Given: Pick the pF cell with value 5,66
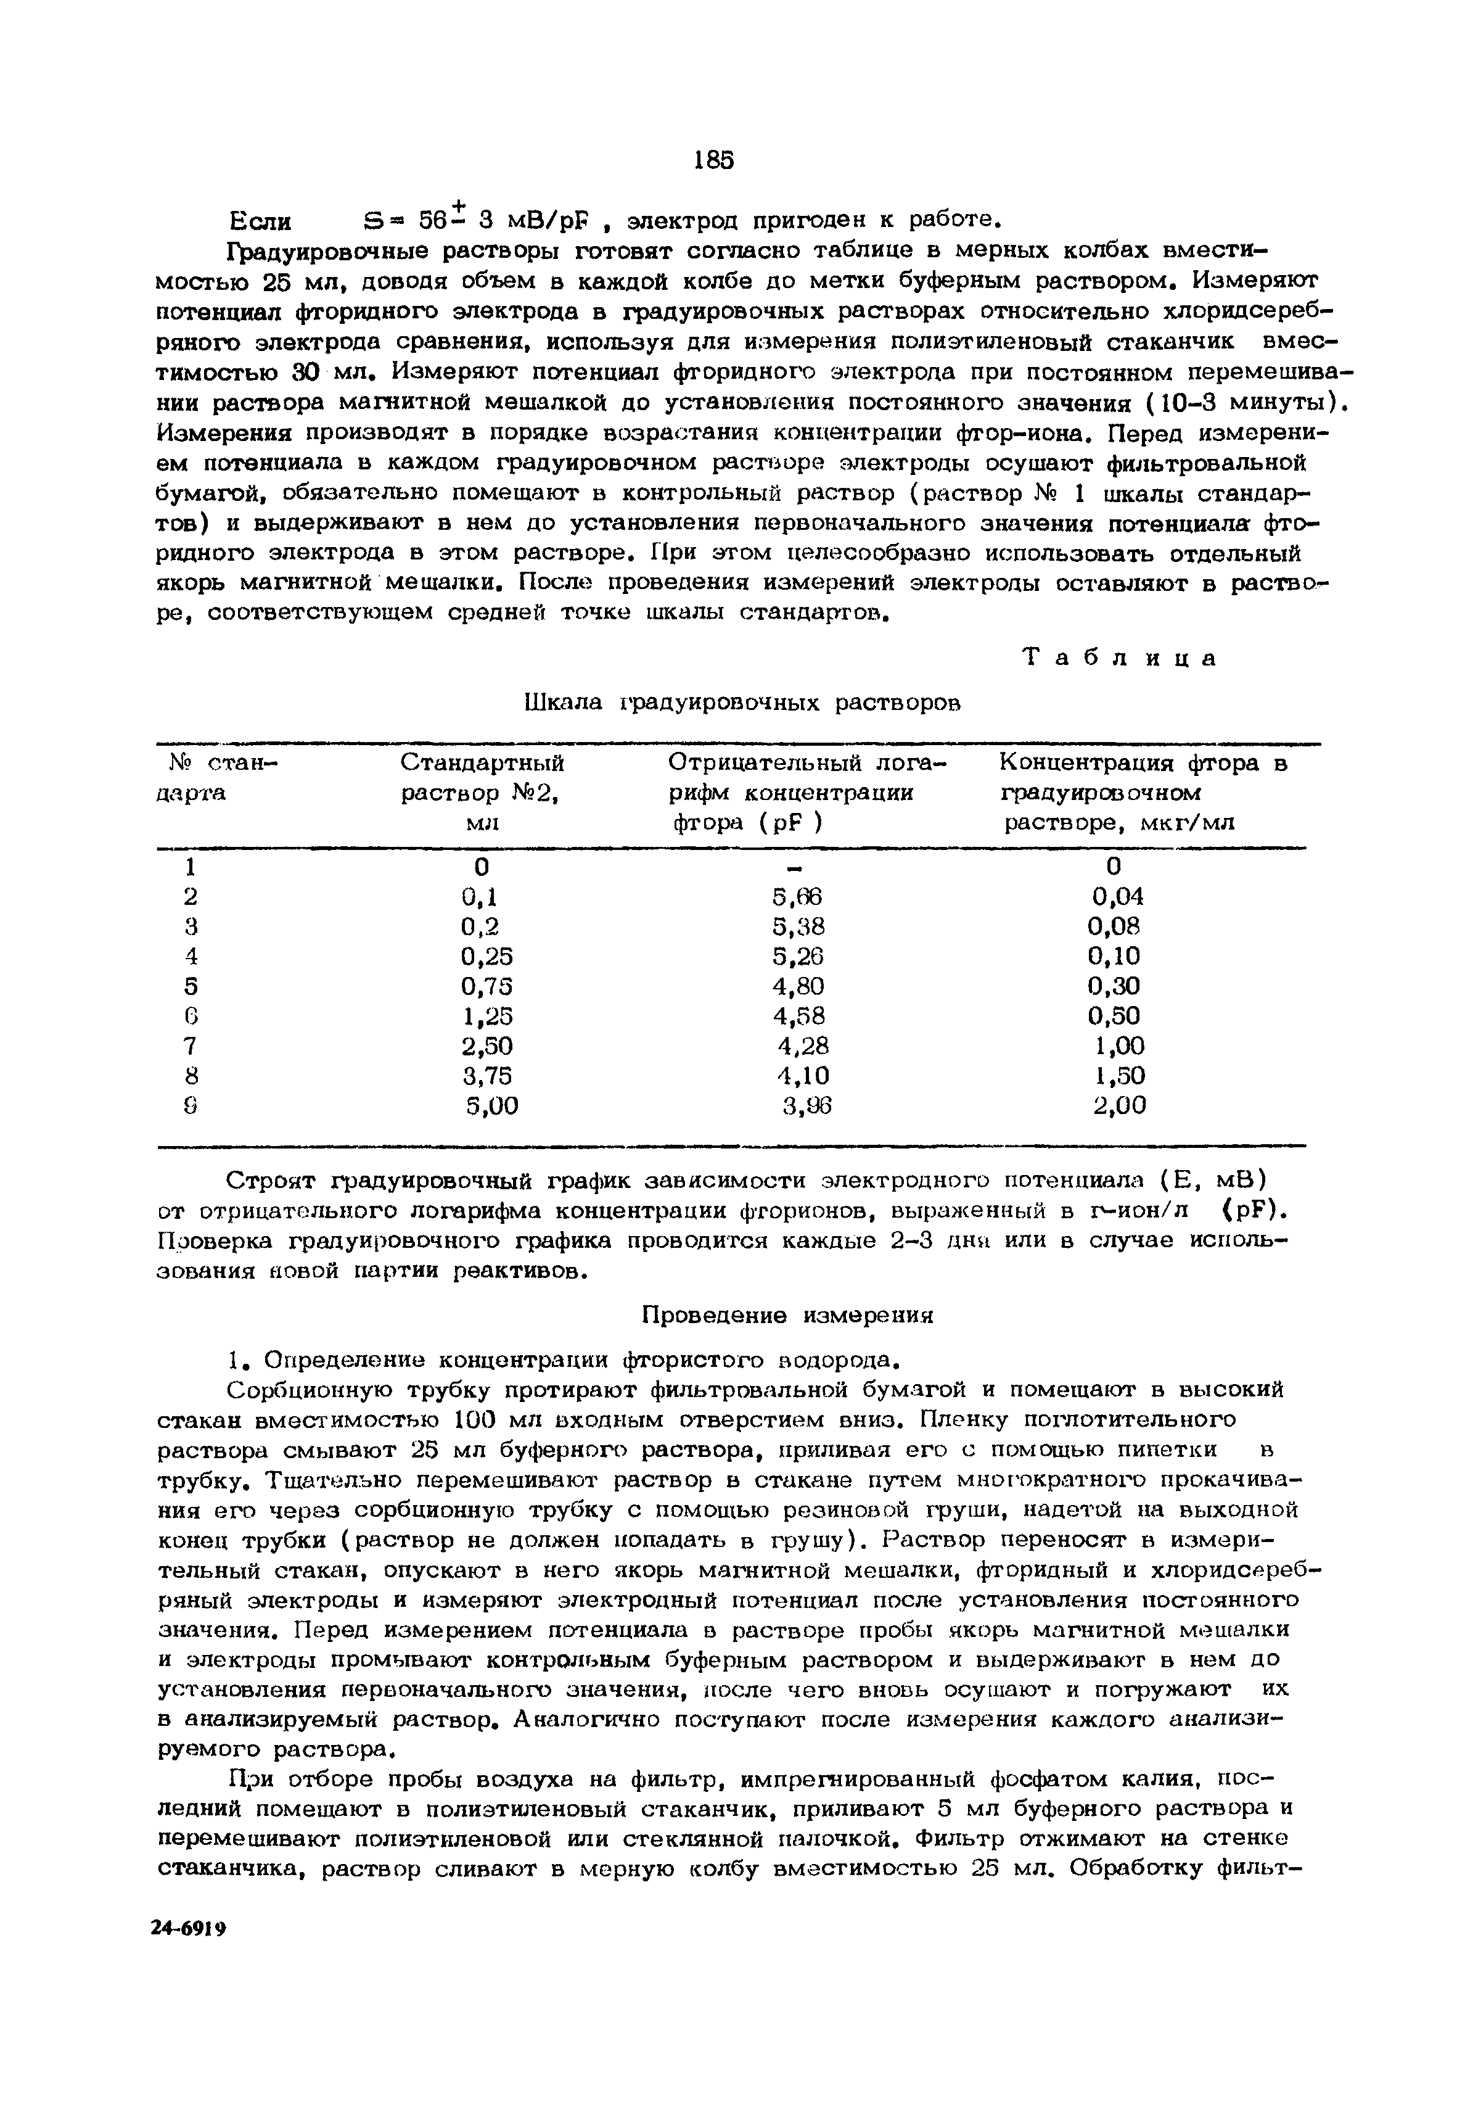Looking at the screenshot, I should (x=797, y=897).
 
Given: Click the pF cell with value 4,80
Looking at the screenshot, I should (x=798, y=986).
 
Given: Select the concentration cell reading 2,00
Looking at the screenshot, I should (x=1119, y=1106).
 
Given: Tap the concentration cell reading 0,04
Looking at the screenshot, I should (x=1117, y=897).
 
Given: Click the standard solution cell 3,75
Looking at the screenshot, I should (x=488, y=1076).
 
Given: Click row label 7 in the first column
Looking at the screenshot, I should (x=190, y=1046).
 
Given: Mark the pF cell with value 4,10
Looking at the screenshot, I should (x=802, y=1076).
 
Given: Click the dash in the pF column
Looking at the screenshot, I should (x=794, y=865).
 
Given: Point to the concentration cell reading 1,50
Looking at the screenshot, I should (x=1119, y=1076).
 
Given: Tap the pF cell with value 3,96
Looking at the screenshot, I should (x=807, y=1106).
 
